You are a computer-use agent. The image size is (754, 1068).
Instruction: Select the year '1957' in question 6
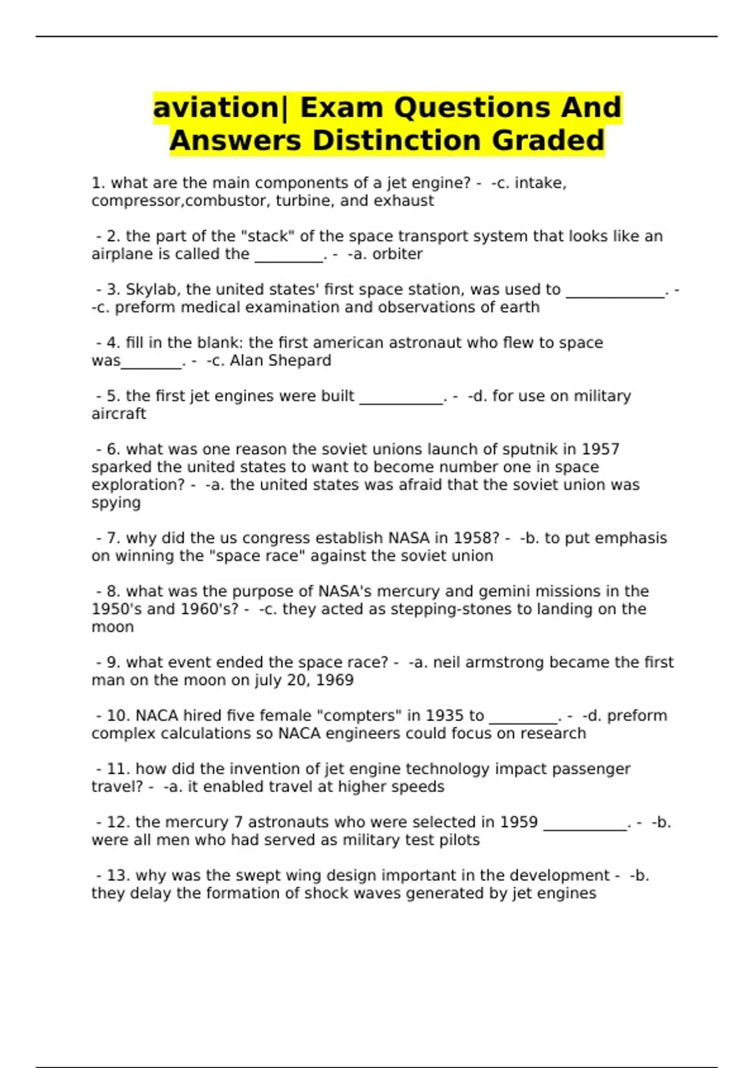(x=601, y=449)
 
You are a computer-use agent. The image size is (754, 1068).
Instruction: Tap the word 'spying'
(x=116, y=503)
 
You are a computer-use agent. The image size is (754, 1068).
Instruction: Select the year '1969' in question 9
(x=334, y=680)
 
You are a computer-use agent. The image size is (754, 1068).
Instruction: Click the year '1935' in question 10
(x=445, y=716)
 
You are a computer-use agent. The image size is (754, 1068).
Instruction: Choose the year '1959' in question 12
(x=518, y=822)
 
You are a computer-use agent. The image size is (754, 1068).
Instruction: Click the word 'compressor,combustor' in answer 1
(x=181, y=201)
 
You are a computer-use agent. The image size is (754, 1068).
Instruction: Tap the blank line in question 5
(x=401, y=402)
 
